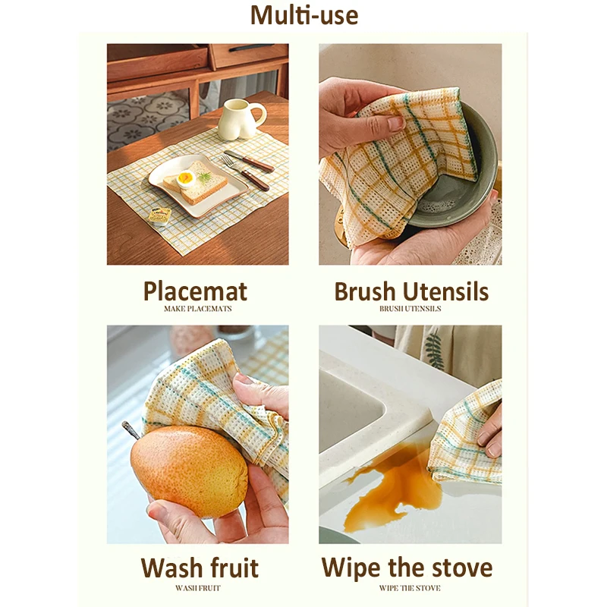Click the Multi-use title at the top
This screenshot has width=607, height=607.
tap(304, 14)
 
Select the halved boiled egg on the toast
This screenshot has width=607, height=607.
tap(186, 179)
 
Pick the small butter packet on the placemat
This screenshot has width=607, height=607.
tap(159, 215)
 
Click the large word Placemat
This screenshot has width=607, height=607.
tap(196, 291)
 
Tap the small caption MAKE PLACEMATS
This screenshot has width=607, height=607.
tap(197, 309)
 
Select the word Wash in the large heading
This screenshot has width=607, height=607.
tap(174, 568)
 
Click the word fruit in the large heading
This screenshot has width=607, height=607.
tap(235, 568)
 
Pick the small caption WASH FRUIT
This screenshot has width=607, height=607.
tap(197, 587)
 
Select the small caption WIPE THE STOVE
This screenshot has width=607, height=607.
tap(410, 587)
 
